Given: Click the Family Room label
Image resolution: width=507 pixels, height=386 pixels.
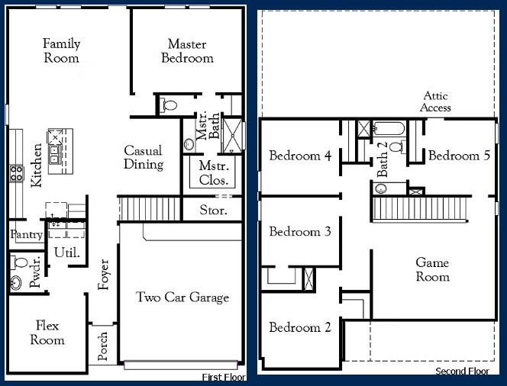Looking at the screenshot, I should point(61,51).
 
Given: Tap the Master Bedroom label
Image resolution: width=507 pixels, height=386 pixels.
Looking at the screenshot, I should point(187,51).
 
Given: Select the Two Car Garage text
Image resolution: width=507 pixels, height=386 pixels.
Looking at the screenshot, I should point(182,297).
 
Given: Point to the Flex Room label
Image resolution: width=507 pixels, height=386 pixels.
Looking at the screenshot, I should point(47,333).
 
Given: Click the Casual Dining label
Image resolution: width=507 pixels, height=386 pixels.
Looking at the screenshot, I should point(144,157).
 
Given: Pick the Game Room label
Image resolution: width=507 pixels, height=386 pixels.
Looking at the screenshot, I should point(432,269).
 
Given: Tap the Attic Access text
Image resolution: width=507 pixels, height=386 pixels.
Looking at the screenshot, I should point(437,101).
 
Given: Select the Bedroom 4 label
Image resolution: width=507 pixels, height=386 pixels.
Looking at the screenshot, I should point(300,156).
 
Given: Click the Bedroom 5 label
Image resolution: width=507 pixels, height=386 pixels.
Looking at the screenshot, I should point(459,156).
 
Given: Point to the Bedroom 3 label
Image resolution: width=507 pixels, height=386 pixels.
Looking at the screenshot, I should point(300,231).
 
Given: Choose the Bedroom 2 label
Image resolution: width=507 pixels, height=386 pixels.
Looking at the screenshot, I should point(300,327).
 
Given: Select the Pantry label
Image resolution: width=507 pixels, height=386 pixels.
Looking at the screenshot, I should point(26,236).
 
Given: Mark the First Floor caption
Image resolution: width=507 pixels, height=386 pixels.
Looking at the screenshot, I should point(223,378).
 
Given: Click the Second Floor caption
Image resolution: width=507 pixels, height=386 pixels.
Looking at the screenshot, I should point(462,372).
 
